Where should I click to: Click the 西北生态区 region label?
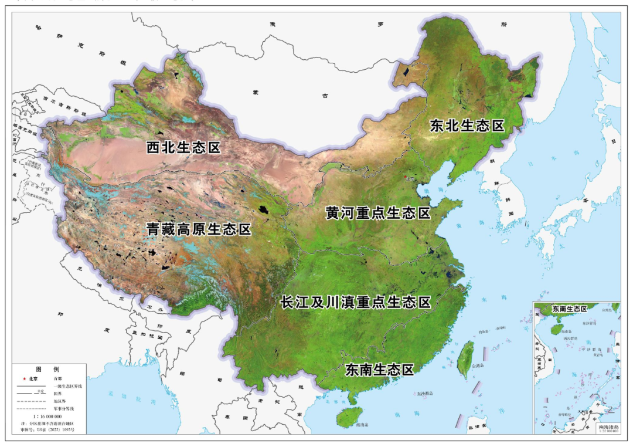(x=183, y=147)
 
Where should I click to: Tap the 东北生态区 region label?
(x=467, y=126)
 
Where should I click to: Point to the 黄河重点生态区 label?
(x=378, y=213)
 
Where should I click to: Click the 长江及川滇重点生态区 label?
(x=356, y=302)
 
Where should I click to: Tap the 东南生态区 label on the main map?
(x=380, y=370)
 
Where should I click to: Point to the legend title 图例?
(x=48, y=370)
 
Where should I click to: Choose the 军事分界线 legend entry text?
(x=64, y=408)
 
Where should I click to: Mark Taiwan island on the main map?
(x=465, y=357)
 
